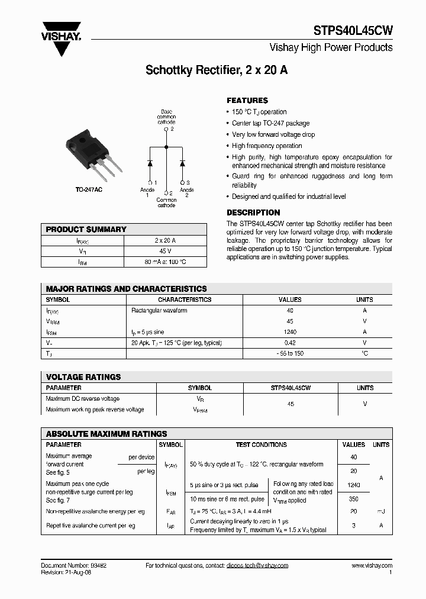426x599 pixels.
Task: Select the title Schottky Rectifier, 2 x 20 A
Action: point(217,70)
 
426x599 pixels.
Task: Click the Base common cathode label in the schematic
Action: point(166,117)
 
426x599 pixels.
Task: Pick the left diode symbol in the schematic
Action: point(151,162)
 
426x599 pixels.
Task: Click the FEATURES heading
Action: point(247,101)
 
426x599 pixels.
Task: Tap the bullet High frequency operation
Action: point(267,146)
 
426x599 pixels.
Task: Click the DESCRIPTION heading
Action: point(253,212)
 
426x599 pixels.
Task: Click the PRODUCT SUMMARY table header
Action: point(86,229)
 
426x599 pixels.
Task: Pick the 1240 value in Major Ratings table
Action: point(290,332)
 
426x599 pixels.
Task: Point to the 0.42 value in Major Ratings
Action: point(290,343)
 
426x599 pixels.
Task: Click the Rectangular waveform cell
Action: point(159,310)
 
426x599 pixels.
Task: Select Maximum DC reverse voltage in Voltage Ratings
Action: point(83,399)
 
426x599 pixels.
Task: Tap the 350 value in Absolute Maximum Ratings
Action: point(354,500)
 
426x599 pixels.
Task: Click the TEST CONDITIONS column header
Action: point(261,445)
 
